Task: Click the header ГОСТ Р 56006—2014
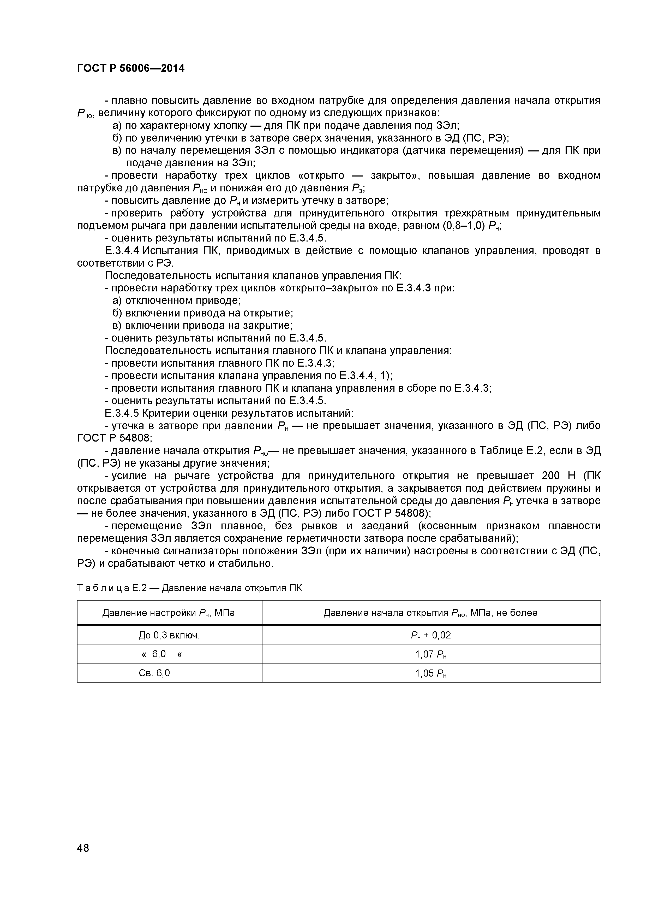131,69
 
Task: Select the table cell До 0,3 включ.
169,635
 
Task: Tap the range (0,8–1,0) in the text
464,226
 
